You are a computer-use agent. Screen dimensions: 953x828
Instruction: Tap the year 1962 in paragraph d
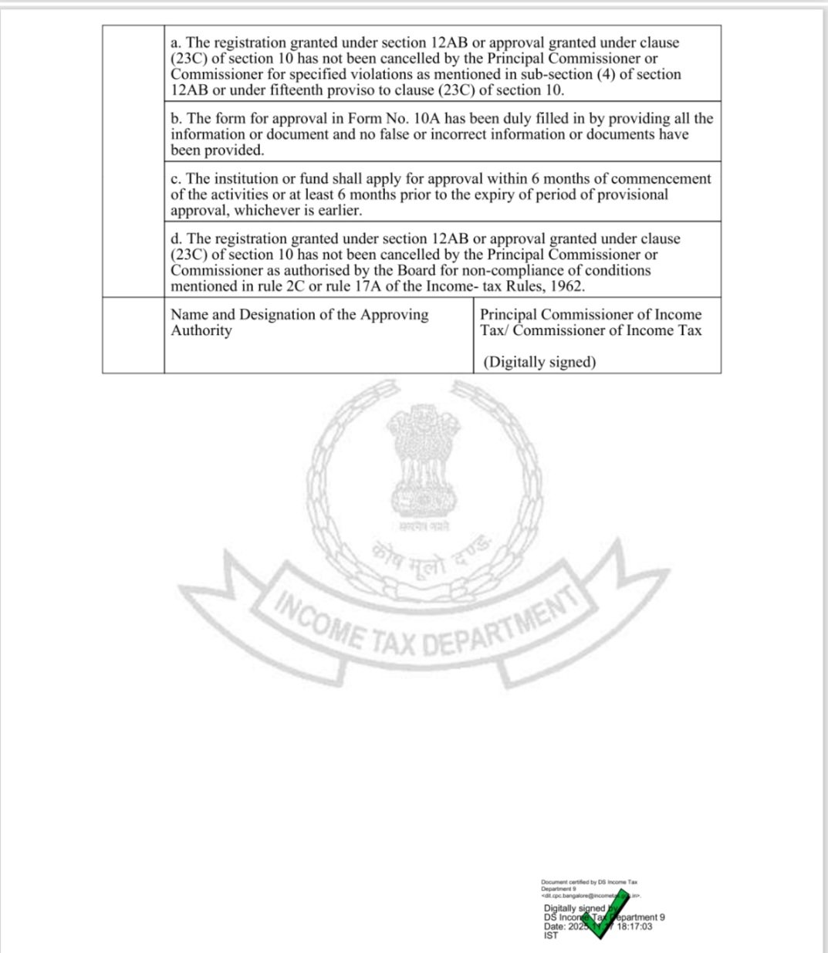[x=565, y=286]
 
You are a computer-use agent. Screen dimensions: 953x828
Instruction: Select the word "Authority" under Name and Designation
[x=201, y=331]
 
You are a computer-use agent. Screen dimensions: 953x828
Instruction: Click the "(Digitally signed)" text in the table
[x=539, y=362]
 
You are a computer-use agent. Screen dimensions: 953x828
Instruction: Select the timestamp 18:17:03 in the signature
[x=634, y=927]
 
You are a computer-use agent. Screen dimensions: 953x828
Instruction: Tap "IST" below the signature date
[x=550, y=935]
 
